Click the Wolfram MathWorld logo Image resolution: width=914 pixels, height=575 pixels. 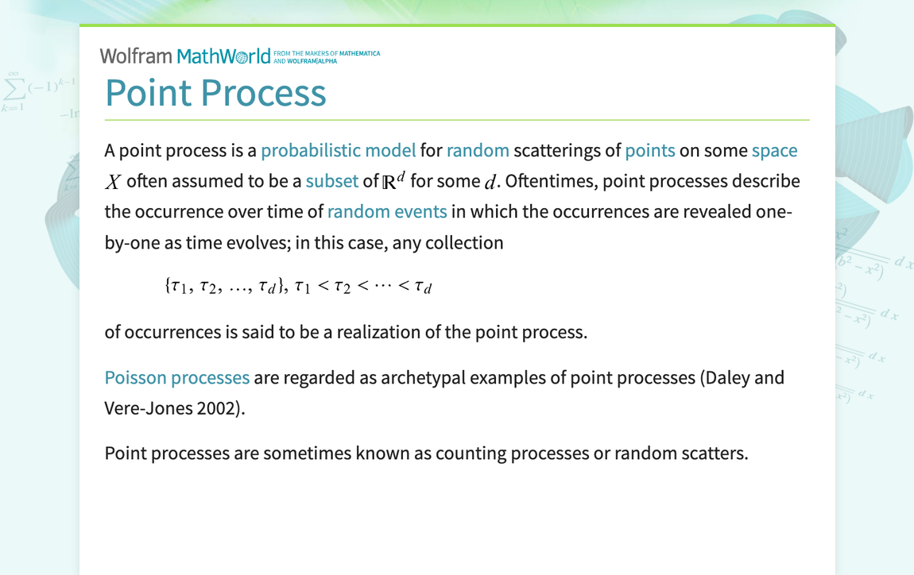[184, 56]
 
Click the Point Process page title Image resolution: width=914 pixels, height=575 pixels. [215, 92]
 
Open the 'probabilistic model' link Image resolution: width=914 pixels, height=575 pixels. [338, 150]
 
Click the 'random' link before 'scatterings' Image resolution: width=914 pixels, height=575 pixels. [478, 150]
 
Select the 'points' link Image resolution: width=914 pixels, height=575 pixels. [649, 150]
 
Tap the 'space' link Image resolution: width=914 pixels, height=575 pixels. [774, 150]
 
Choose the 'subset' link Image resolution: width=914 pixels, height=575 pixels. [331, 181]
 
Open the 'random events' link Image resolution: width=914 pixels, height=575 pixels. [387, 212]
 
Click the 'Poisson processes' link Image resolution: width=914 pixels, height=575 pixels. [177, 377]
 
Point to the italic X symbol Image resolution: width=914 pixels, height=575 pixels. [113, 182]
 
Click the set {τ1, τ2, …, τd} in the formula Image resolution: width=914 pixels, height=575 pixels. [226, 287]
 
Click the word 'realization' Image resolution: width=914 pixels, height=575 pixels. [378, 331]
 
